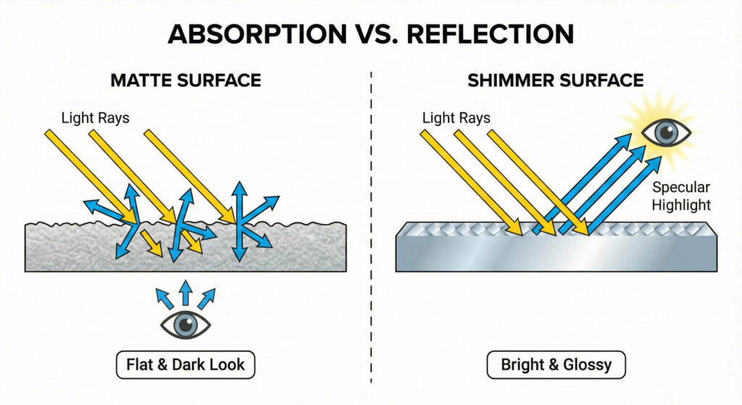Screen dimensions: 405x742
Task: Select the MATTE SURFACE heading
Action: [185, 80]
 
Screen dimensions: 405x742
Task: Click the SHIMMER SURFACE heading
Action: [555, 80]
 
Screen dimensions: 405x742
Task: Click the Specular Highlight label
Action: [680, 196]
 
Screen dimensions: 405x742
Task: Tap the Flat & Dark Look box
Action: [185, 365]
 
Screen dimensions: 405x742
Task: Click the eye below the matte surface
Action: [185, 325]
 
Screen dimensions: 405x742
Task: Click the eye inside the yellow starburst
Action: [667, 132]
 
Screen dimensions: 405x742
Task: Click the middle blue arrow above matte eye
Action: [185, 293]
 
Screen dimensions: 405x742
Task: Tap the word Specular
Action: [680, 188]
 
